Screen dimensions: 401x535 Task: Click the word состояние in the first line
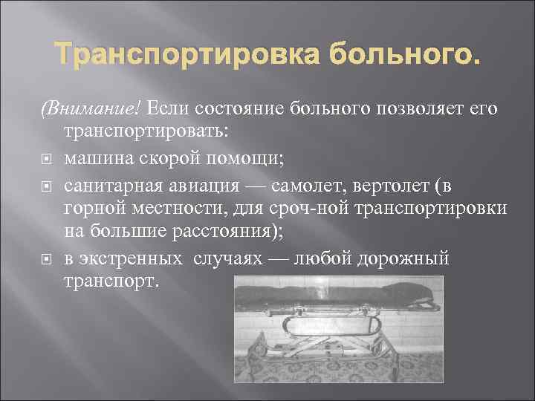coord(241,109)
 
